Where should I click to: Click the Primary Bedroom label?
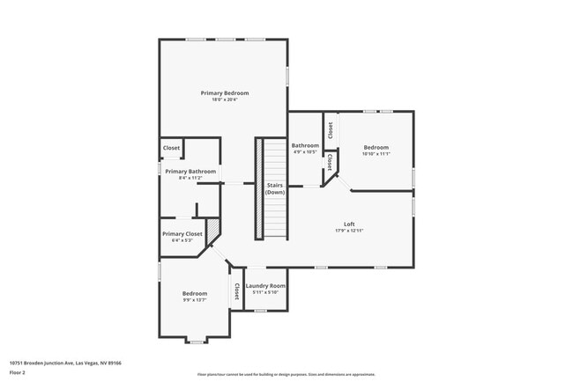[224, 93]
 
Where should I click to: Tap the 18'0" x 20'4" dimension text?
[224, 99]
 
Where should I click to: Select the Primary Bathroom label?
[190, 171]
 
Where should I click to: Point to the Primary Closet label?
[182, 233]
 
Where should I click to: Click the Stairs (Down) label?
[274, 188]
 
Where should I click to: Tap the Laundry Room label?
[265, 286]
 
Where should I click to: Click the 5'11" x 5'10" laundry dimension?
[265, 292]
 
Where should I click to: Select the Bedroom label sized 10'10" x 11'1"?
[376, 147]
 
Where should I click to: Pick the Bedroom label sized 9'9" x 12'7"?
[194, 293]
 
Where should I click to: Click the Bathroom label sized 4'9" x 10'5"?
[305, 145]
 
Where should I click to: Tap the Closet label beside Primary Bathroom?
[171, 148]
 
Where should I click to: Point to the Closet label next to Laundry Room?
[236, 290]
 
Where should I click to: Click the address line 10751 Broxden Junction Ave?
[65, 362]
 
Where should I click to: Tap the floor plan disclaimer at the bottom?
[286, 374]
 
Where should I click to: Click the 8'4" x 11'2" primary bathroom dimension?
[190, 178]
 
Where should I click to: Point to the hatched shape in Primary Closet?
[212, 227]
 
